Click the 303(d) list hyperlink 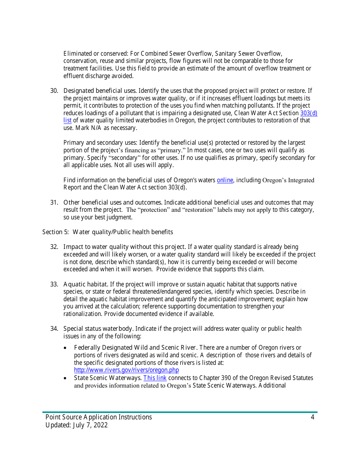tap(308, 113)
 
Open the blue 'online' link tap(225, 180)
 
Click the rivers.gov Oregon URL tap(126, 370)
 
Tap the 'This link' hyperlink tap(155, 378)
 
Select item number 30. tap(54, 91)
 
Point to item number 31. tap(54, 203)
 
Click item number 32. tap(54, 247)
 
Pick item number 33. tap(54, 285)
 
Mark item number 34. tap(54, 329)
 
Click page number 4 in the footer tap(312, 417)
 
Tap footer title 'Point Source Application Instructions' tap(99, 417)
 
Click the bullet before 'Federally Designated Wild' tap(67, 348)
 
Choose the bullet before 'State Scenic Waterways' tap(67, 378)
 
